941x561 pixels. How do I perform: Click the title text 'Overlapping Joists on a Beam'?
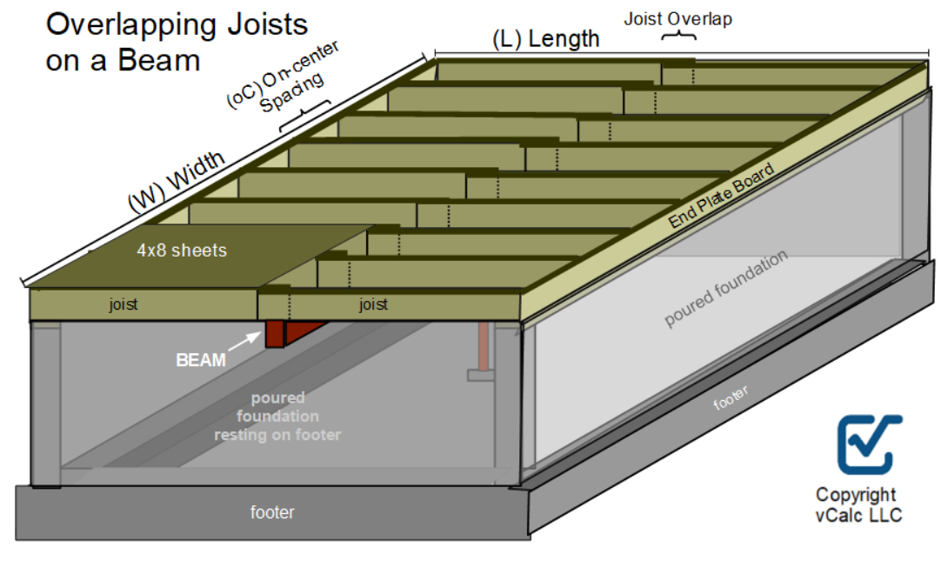click(177, 42)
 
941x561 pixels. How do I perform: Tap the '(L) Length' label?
click(545, 38)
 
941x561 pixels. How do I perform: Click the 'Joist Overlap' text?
click(677, 18)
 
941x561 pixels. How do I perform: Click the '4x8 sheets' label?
click(181, 250)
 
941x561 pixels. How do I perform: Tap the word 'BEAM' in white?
click(201, 360)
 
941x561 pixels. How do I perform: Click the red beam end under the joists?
click(275, 335)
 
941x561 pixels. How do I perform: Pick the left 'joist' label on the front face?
click(123, 304)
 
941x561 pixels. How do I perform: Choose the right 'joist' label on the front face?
click(373, 304)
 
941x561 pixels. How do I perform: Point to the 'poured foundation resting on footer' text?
click(277, 416)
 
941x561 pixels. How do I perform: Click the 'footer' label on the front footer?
click(272, 512)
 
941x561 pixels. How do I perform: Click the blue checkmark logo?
click(868, 443)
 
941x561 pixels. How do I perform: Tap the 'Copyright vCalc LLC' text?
click(856, 504)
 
